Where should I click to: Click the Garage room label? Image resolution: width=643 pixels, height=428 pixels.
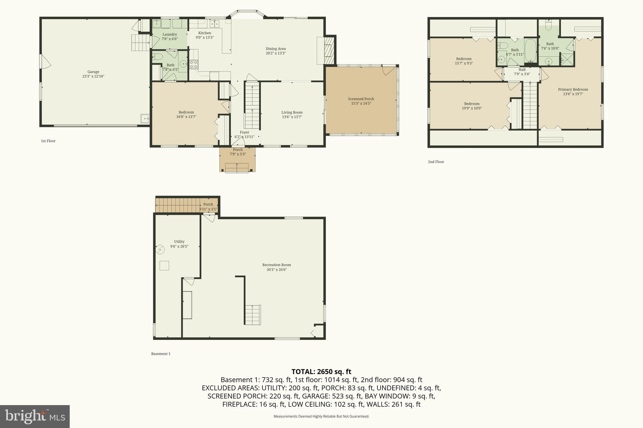pos(93,72)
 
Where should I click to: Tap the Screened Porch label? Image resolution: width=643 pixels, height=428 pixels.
pos(361,99)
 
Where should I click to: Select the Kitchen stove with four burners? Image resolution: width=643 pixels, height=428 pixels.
pos(194,65)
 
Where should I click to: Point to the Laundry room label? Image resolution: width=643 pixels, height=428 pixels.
pos(170,34)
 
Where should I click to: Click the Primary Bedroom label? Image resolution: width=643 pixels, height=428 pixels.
pos(573,90)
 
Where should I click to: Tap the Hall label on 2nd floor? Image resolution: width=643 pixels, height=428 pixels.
pos(522,70)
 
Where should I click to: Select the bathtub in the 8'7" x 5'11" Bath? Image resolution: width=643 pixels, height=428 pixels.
pos(531,50)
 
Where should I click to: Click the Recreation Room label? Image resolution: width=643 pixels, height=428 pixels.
pos(277,265)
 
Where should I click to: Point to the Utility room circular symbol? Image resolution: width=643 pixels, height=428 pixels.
pos(160,250)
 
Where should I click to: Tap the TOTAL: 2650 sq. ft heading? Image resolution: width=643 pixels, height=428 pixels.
pos(321,372)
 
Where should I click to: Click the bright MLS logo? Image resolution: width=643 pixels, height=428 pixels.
pos(35,416)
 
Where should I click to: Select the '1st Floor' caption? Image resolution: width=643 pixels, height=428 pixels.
pos(48,141)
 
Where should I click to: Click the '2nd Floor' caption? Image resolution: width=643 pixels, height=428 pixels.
pos(436,162)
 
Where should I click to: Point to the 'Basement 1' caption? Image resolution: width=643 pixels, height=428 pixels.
pos(161,354)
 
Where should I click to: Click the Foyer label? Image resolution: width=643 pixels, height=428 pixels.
pos(245,133)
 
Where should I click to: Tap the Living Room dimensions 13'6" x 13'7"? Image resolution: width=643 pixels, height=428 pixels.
pos(292,117)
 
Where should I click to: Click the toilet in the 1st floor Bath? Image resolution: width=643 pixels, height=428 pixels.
pos(157,57)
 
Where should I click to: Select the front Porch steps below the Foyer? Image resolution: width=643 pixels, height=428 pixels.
pos(237,168)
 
